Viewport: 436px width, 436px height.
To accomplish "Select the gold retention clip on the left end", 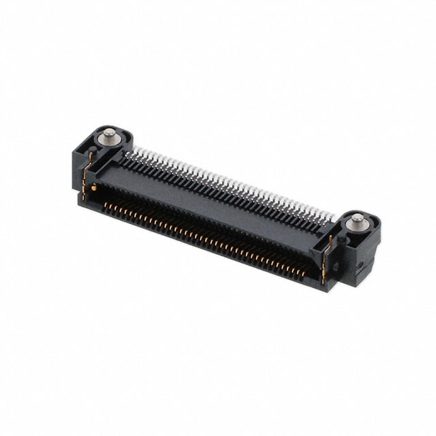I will [86, 179].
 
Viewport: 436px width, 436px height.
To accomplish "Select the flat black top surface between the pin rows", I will [218, 198].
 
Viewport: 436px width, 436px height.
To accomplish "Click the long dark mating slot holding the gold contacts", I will [204, 232].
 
